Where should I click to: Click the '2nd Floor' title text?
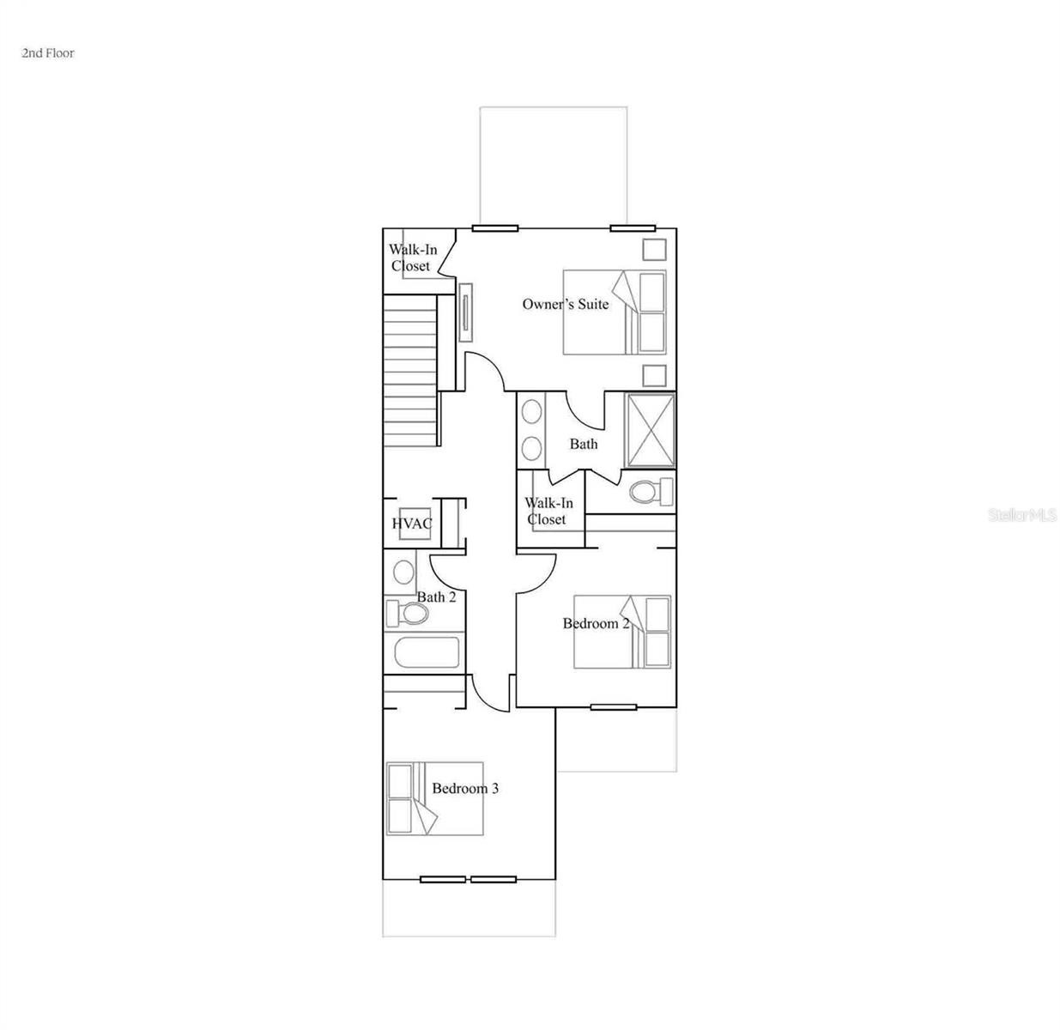pos(48,53)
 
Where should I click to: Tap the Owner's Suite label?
pos(566,304)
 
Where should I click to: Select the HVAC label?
pos(412,524)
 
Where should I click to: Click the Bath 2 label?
pos(436,597)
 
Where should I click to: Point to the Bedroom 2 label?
pos(596,623)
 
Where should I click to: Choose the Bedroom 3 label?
pos(465,788)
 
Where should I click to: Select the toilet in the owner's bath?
pos(651,492)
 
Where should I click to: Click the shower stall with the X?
pos(651,431)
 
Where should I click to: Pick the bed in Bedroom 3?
pos(434,798)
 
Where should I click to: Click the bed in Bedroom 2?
pos(622,632)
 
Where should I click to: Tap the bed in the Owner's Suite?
pos(615,312)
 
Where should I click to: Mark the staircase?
pos(411,371)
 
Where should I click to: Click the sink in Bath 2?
pos(403,573)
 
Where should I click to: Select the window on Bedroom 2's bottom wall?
pos(614,707)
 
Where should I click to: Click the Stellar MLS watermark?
pos(1022,515)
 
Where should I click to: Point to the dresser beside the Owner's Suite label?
pos(466,312)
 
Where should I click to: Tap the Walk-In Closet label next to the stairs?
pos(412,257)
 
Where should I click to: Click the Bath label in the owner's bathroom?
pos(584,444)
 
